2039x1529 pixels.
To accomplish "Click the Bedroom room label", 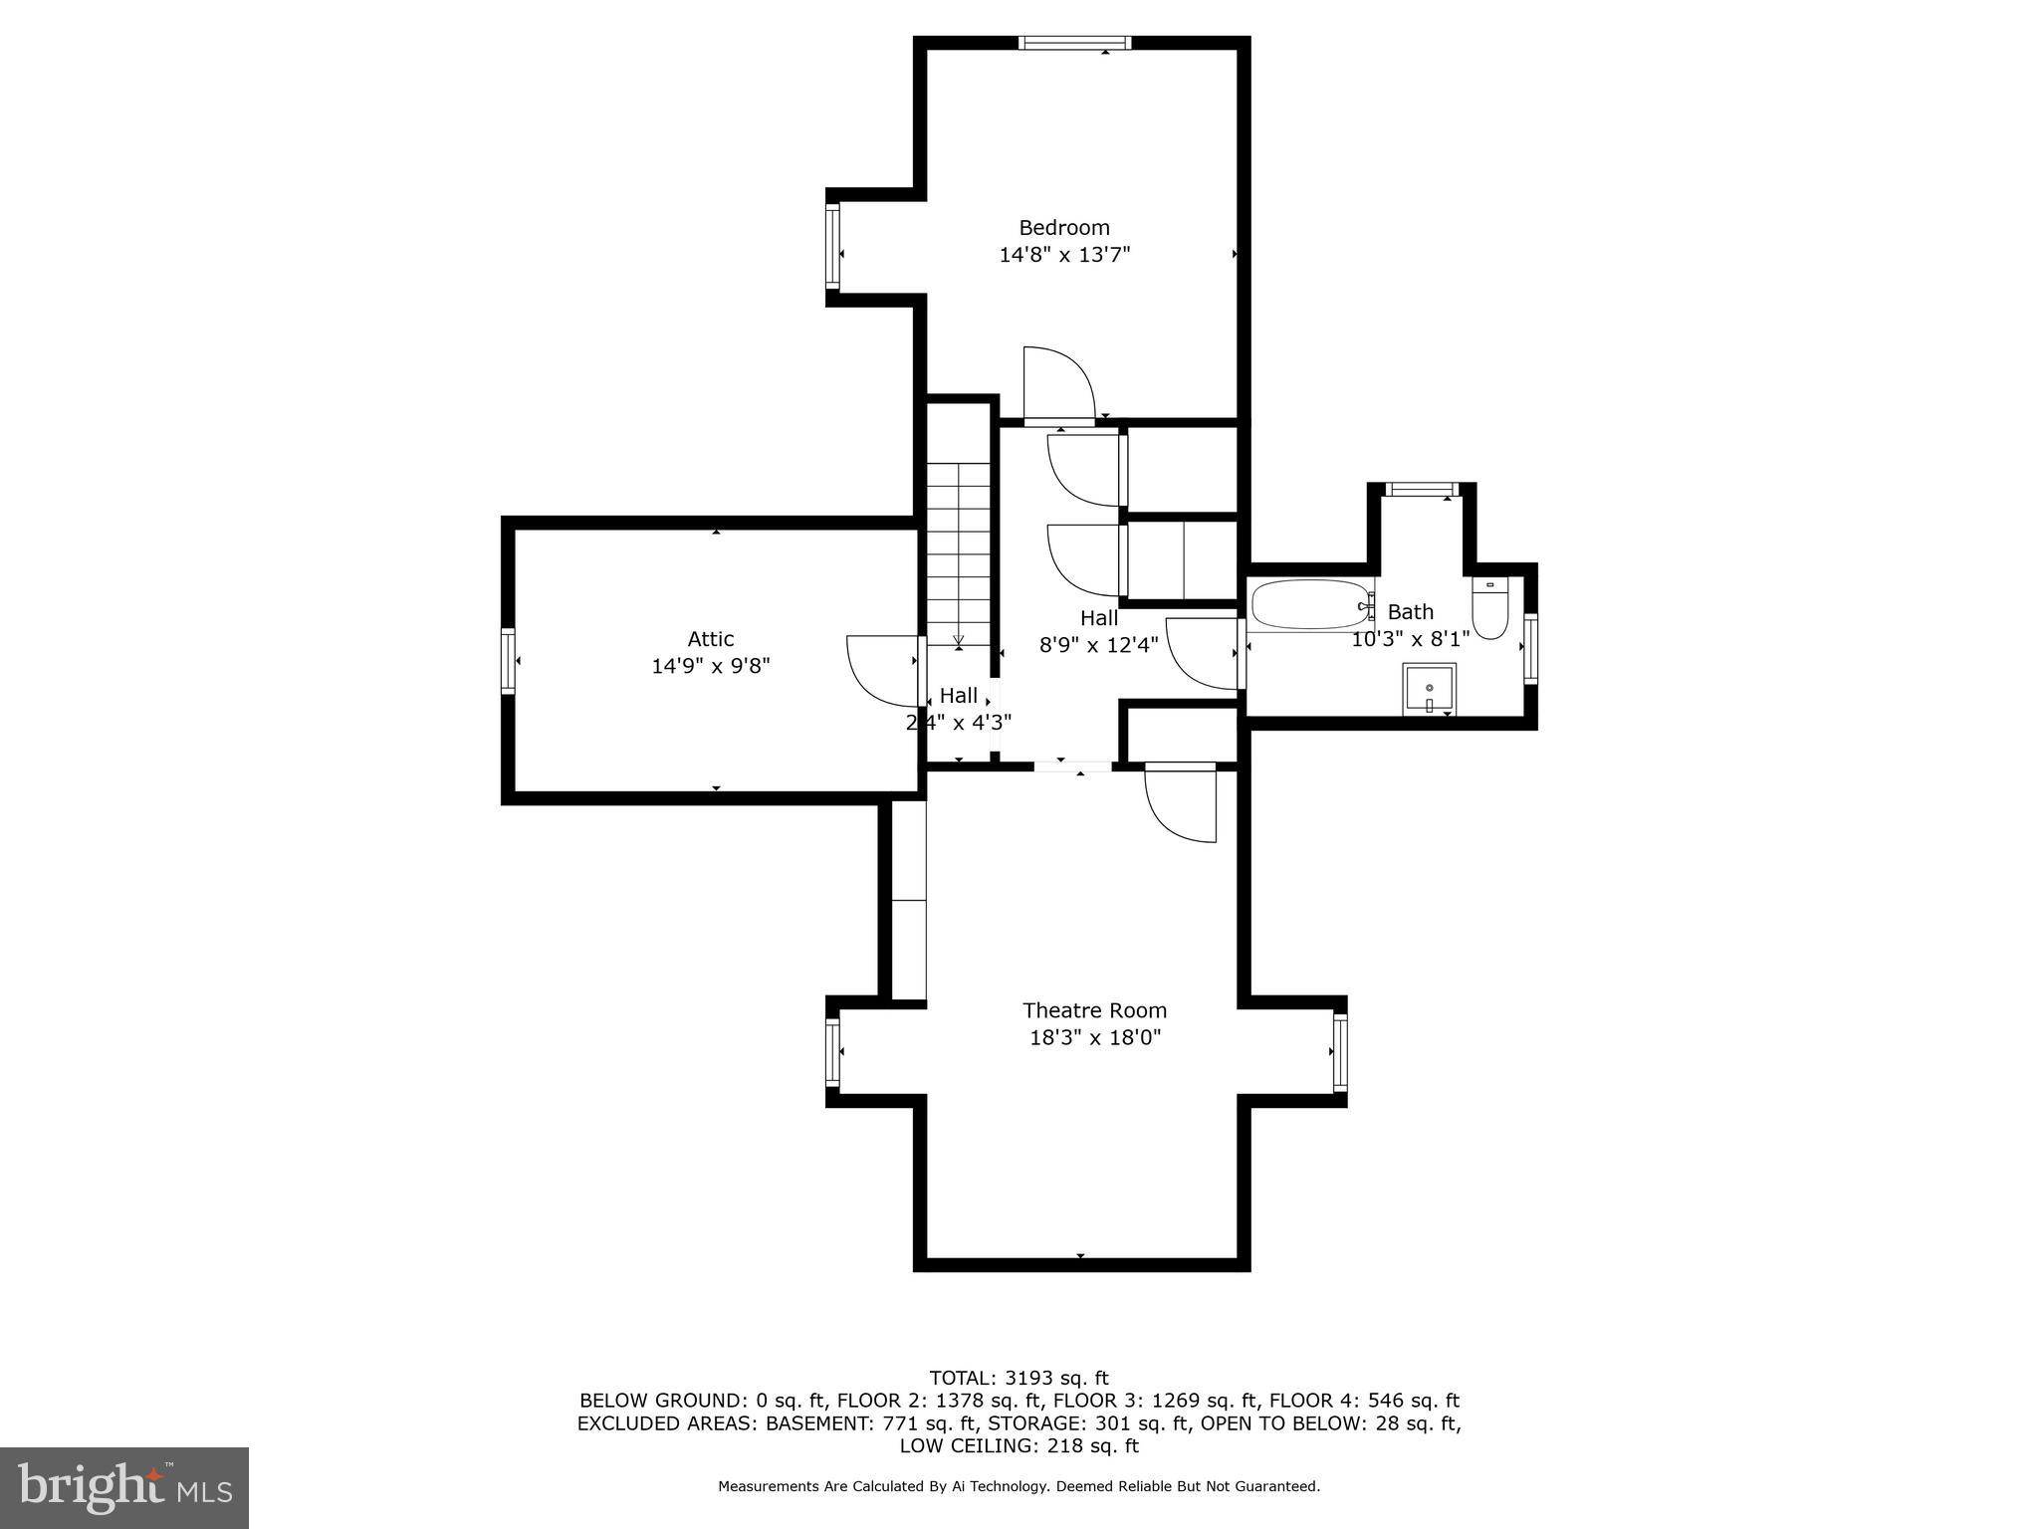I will click(x=1063, y=228).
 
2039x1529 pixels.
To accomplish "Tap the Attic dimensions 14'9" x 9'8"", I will click(x=710, y=666).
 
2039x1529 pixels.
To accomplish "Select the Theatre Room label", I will click(x=1094, y=1010).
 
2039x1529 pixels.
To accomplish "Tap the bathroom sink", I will click(x=1429, y=689).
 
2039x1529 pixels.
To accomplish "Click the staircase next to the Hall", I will click(x=959, y=557).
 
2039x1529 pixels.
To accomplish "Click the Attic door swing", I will click(x=880, y=669).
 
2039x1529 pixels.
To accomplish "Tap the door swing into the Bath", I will click(x=1203, y=653).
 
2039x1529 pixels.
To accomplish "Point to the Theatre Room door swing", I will click(x=1182, y=802).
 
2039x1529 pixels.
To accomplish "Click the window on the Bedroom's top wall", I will click(x=1074, y=43).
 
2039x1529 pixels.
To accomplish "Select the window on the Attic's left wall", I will click(x=508, y=661).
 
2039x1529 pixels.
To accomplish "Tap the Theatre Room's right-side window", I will click(x=1340, y=1051).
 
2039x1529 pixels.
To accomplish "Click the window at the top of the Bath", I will click(x=1422, y=489).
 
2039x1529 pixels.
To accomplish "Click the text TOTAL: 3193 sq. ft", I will click(x=1019, y=1379).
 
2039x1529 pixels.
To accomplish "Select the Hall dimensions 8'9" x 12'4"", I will click(x=1098, y=645).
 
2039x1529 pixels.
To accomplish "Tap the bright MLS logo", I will click(x=123, y=1487).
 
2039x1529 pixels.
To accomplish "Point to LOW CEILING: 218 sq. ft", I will click(x=1019, y=1445).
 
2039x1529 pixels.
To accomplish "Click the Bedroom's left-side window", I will click(x=832, y=247).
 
